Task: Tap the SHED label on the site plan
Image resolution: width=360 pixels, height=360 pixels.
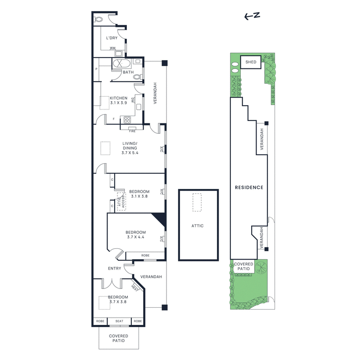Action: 251,62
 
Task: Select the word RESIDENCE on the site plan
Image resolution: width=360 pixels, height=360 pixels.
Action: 248,187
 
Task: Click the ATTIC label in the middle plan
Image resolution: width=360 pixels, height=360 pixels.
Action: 198,225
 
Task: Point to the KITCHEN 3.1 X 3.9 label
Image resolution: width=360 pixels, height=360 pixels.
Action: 119,100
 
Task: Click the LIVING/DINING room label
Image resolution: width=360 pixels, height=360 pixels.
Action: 130,148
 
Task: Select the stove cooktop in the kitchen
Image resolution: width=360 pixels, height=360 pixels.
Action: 127,120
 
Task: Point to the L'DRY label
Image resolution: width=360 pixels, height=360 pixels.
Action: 112,38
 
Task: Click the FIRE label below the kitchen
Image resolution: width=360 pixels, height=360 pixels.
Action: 132,131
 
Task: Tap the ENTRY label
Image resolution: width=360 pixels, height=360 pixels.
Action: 114,269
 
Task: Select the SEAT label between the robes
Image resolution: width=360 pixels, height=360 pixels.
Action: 119,321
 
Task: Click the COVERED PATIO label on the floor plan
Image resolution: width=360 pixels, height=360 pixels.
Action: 119,338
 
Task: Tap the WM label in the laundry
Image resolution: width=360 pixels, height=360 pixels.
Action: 112,48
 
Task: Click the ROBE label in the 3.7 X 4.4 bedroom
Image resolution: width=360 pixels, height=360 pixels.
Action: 145,255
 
